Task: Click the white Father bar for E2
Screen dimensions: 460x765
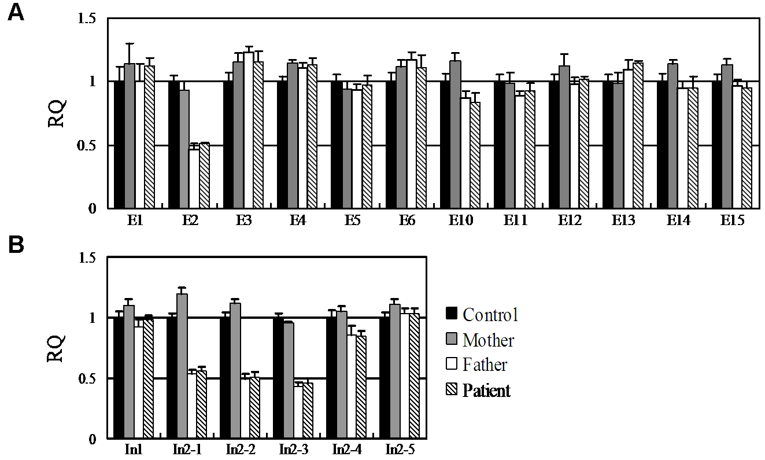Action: click(194, 177)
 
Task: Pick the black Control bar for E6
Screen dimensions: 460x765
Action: click(391, 145)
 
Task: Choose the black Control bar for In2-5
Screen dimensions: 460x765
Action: click(385, 378)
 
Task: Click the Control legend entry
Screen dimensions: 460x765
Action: click(490, 315)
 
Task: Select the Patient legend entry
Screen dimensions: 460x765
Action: click(486, 391)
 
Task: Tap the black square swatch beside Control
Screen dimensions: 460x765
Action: click(452, 314)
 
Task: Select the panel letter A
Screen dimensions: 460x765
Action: click(16, 13)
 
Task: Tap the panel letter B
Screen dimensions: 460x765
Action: click(16, 245)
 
